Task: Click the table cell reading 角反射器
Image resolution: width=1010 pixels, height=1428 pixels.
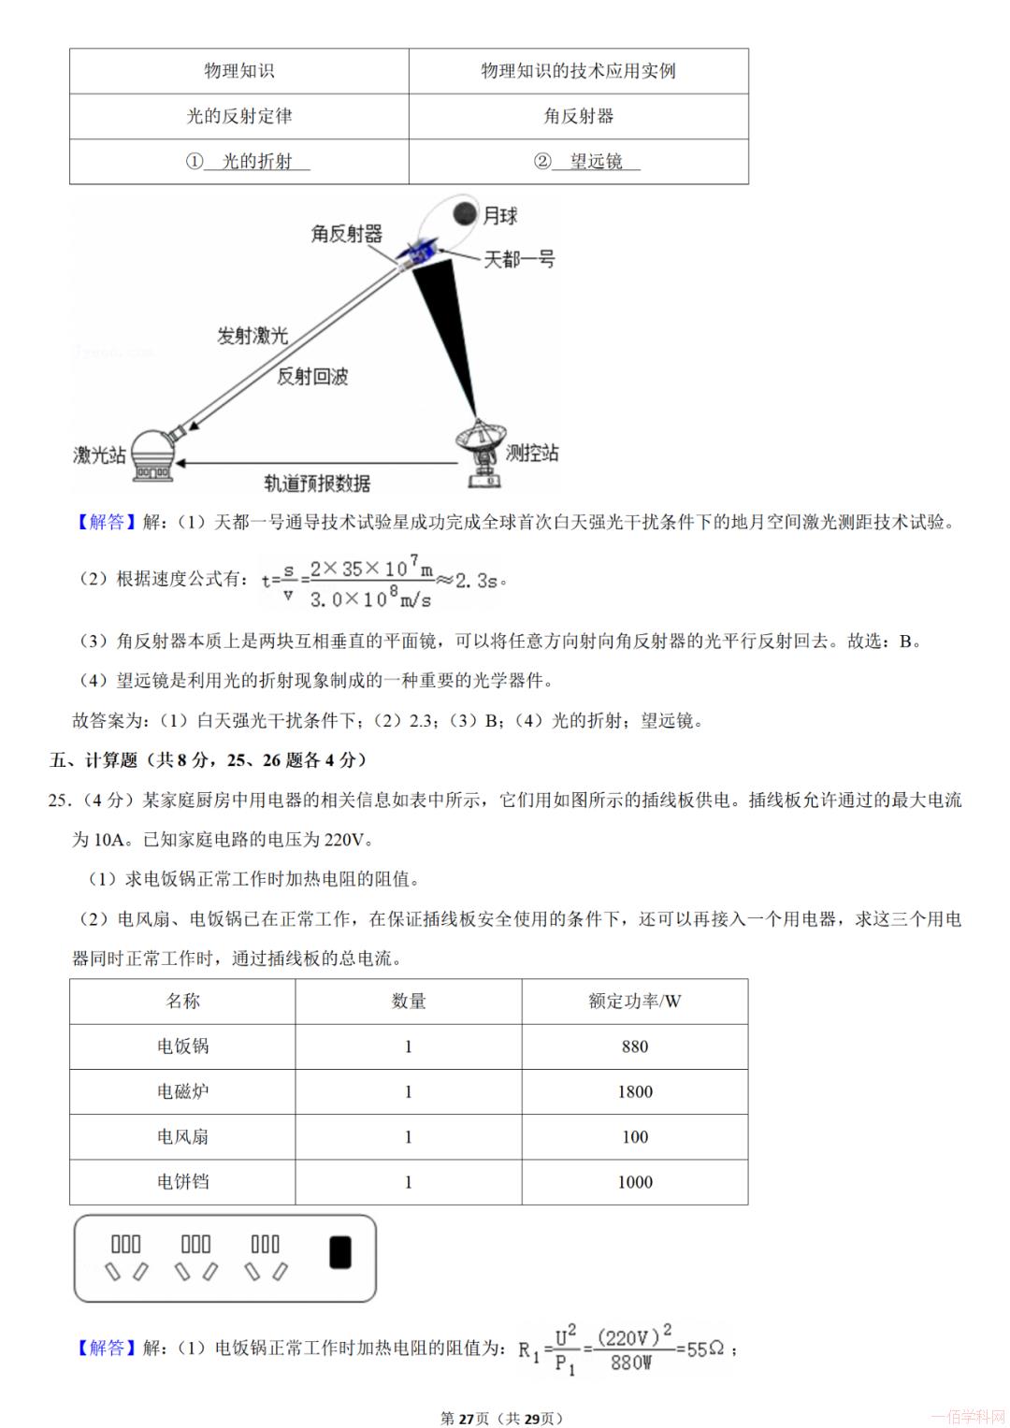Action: tap(579, 116)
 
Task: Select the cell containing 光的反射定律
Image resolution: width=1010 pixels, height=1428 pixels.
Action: tap(239, 116)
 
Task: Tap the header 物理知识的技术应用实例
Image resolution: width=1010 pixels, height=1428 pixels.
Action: tap(578, 71)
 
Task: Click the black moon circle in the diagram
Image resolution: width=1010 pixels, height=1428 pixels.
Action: tap(464, 214)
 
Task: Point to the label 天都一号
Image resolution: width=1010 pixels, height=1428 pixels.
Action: tap(518, 259)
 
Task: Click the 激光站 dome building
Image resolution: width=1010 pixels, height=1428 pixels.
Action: tap(152, 456)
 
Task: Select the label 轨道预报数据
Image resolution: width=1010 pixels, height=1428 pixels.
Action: tap(316, 483)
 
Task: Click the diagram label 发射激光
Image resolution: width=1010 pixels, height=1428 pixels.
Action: tap(252, 336)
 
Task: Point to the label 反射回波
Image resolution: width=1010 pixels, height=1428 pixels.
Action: tap(312, 376)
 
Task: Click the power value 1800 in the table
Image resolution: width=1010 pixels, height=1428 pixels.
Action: tap(635, 1091)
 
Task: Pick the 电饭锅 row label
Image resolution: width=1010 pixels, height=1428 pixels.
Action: tap(183, 1046)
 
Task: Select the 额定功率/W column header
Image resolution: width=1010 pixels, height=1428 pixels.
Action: tap(635, 1002)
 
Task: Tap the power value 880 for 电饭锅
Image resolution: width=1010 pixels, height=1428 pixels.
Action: tap(635, 1046)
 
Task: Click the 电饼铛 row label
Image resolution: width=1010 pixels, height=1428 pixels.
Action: tap(183, 1181)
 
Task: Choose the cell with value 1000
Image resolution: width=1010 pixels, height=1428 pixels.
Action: tap(635, 1181)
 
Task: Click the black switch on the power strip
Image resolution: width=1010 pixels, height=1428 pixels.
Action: tap(340, 1252)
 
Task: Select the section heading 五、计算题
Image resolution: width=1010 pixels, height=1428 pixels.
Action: tap(94, 760)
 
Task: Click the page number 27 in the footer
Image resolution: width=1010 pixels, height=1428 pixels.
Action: tap(467, 1418)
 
